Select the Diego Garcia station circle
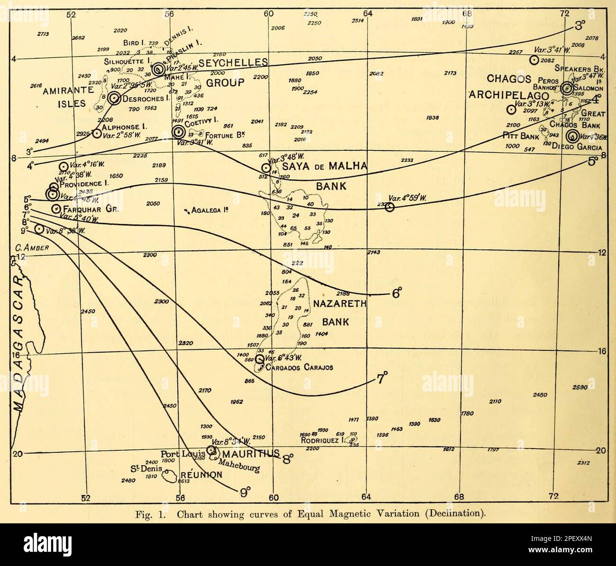click(x=573, y=137)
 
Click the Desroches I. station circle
click(x=114, y=98)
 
